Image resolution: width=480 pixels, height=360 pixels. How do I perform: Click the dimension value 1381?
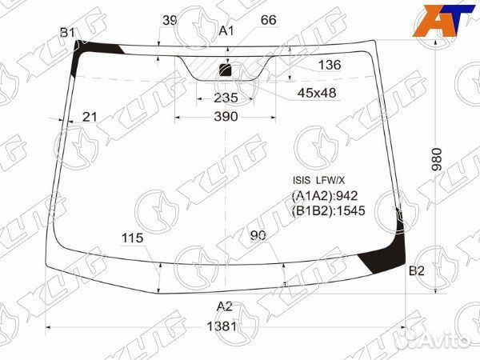(x=222, y=326)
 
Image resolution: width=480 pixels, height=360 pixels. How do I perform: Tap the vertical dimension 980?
(x=437, y=159)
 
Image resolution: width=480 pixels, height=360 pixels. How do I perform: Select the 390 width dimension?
(x=226, y=117)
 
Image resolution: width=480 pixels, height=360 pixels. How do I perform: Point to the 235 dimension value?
(x=226, y=98)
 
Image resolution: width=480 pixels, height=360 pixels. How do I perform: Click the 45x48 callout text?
(x=317, y=93)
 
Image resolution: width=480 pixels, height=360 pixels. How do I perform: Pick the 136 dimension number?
(x=330, y=65)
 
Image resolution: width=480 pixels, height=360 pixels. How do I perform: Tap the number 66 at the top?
(x=269, y=20)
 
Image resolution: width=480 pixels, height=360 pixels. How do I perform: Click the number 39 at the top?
(x=170, y=21)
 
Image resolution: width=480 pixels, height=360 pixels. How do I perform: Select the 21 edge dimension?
(x=90, y=117)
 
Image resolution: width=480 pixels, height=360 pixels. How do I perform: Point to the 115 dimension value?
(x=133, y=238)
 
